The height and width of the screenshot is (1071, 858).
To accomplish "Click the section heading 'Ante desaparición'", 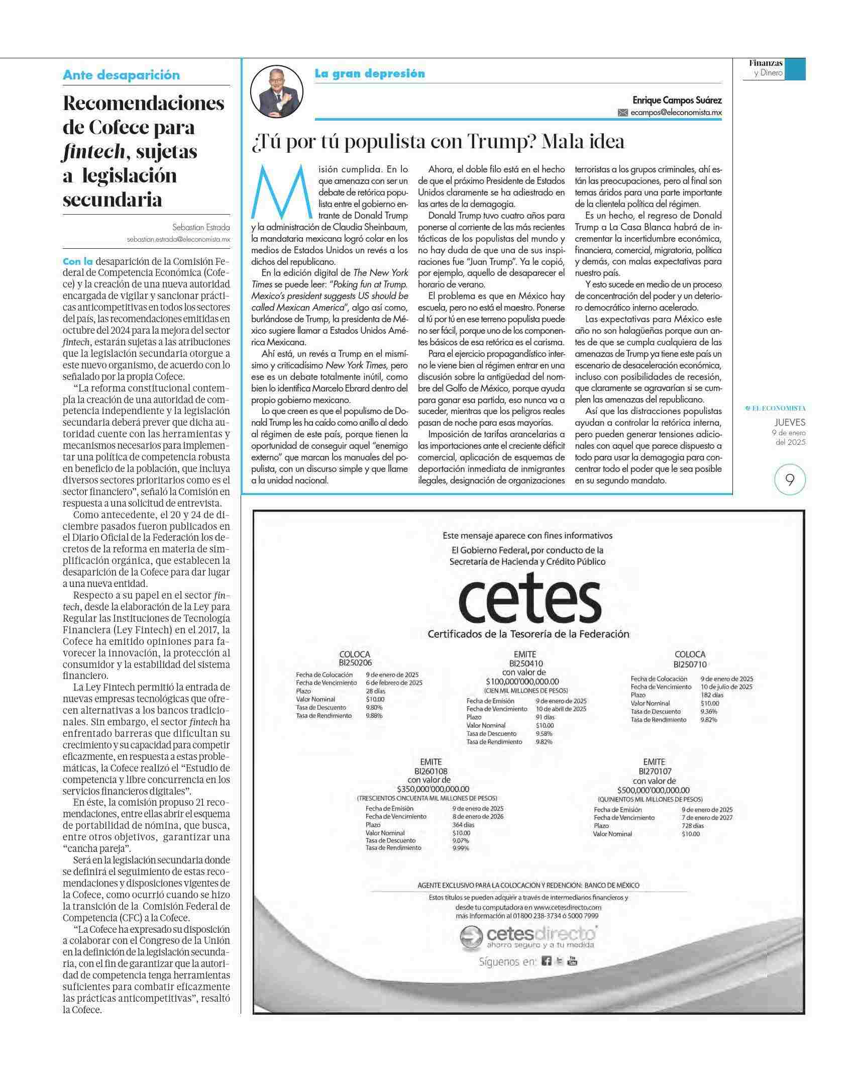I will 121,75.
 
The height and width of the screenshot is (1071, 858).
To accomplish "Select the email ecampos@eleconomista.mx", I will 676,113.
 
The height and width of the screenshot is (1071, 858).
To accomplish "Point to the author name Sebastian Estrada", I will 201,227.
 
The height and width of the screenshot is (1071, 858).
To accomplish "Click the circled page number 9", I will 790,480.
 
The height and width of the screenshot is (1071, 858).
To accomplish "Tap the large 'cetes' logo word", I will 529,603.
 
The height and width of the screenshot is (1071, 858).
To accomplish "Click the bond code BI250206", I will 355,662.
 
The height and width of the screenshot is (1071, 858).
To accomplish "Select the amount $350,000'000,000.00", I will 433,789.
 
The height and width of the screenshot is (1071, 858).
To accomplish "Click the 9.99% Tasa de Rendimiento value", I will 461,848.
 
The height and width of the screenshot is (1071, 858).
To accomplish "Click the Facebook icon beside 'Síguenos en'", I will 547,961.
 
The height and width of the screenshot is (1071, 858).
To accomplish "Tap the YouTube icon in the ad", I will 573,961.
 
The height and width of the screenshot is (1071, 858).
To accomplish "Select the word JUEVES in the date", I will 789,423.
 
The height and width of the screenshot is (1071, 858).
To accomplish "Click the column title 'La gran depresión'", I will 370,73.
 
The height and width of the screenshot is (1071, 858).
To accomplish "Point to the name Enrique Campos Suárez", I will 677,100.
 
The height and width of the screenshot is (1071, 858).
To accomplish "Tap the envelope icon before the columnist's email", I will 623,113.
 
